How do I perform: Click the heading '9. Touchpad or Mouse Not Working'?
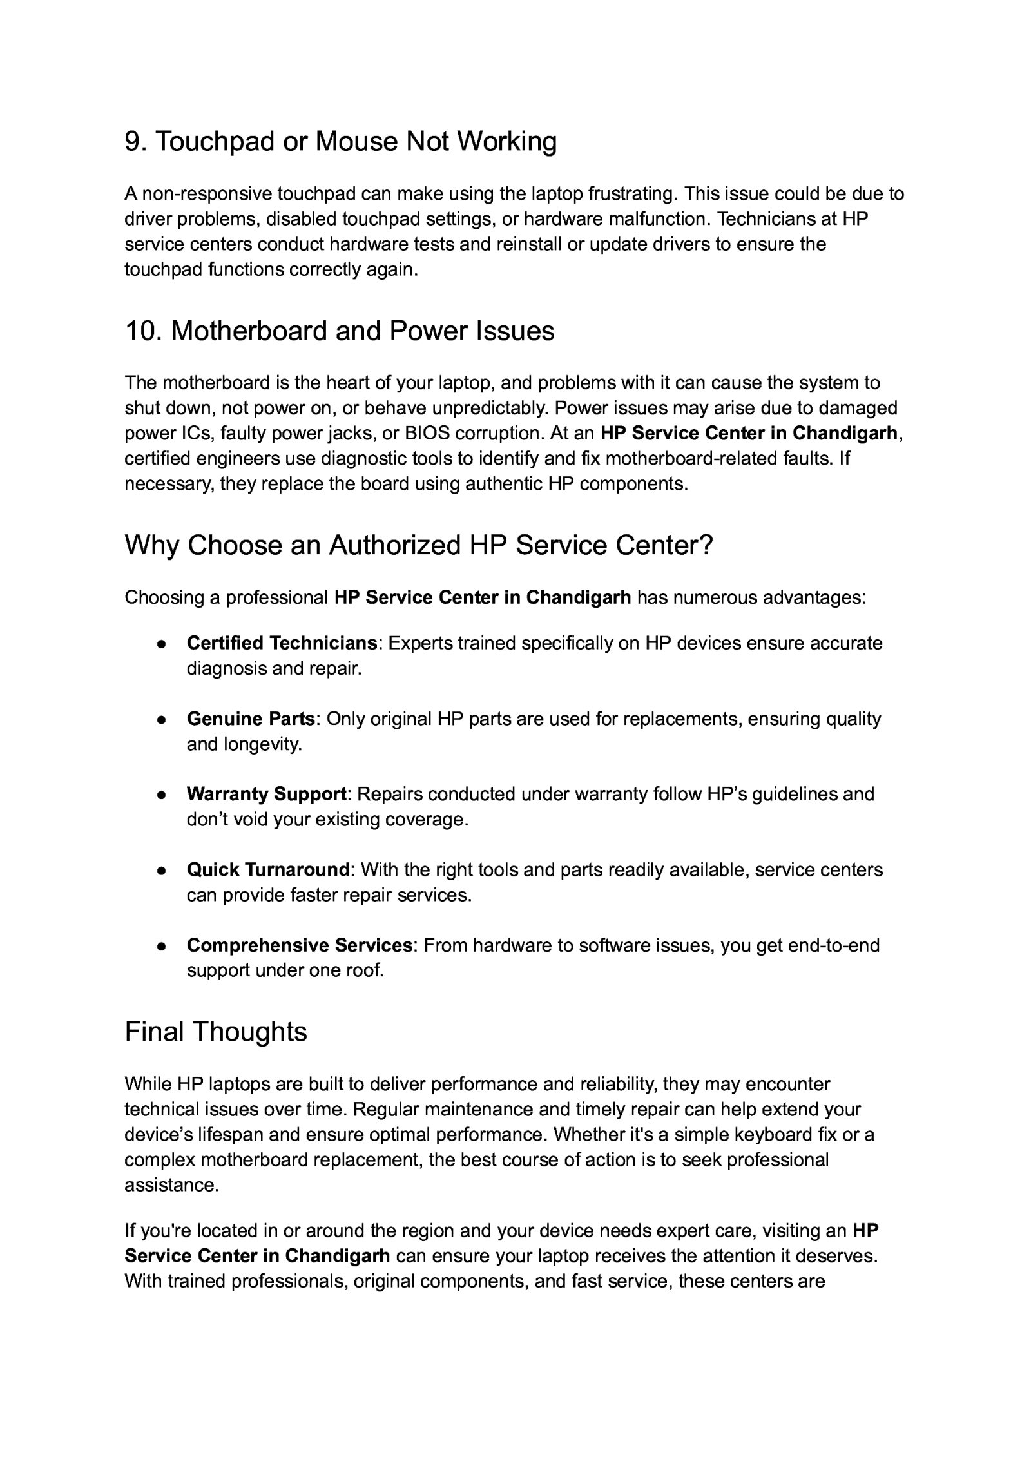(x=340, y=141)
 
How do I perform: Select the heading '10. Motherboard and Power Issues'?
(x=339, y=331)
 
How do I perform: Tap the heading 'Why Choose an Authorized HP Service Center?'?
(x=418, y=545)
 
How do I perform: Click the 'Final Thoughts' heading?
(x=215, y=1031)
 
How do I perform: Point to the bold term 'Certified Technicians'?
(x=282, y=643)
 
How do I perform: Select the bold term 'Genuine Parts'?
(x=250, y=719)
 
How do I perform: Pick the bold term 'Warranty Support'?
(x=266, y=794)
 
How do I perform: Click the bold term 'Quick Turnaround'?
(x=267, y=870)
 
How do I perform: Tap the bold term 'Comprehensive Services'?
(x=299, y=945)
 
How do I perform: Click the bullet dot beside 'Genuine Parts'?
(x=162, y=719)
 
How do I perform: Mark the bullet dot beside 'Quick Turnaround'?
(x=162, y=871)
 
